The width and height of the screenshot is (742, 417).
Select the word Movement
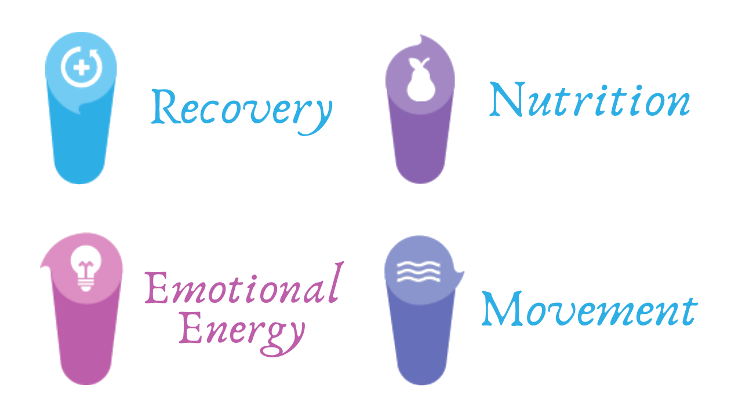click(x=589, y=310)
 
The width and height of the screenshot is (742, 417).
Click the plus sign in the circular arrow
click(x=82, y=67)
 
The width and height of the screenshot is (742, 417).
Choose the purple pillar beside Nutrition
click(x=420, y=145)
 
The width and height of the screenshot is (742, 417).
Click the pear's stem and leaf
click(x=424, y=61)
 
